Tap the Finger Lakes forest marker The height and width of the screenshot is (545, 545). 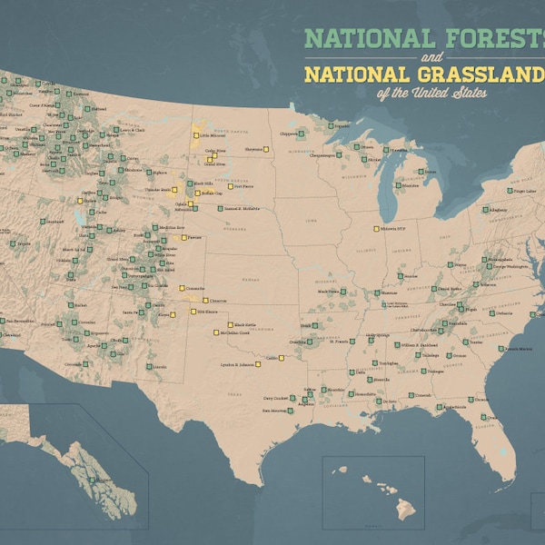tap(509, 192)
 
